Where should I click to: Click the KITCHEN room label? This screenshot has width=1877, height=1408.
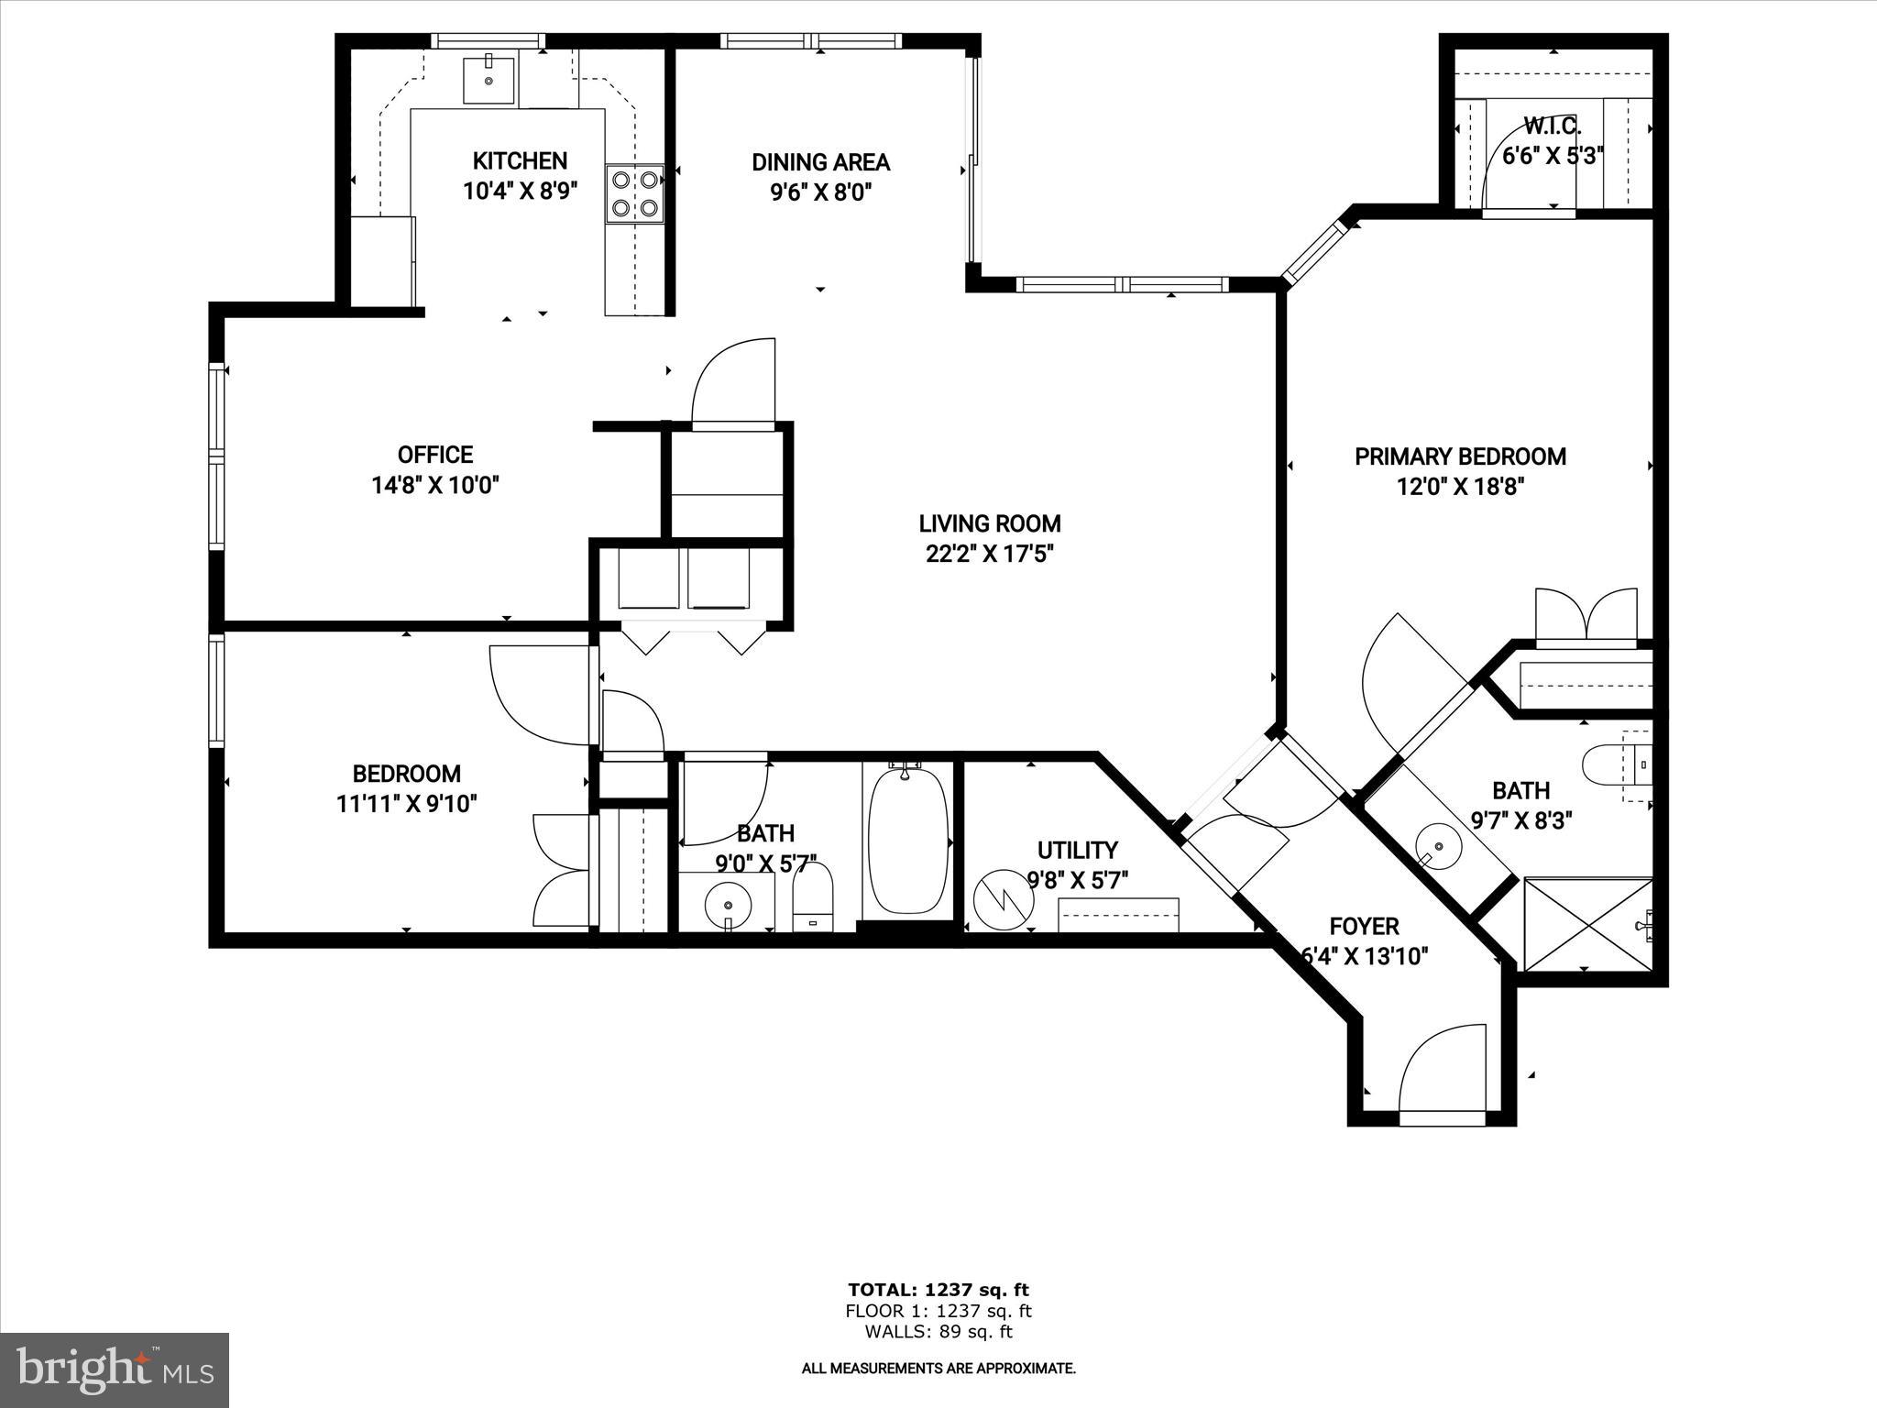coord(520,161)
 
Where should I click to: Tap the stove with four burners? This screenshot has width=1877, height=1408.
coord(633,193)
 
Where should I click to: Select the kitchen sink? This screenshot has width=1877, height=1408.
coord(490,79)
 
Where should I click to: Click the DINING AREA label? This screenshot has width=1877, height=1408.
coord(820,162)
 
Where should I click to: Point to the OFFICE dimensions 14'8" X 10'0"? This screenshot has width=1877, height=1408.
coord(435,485)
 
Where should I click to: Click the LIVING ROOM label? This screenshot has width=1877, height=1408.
coord(990,523)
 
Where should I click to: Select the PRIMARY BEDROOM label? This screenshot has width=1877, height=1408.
coord(1460,456)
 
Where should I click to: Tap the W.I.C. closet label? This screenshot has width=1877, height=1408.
coord(1552,126)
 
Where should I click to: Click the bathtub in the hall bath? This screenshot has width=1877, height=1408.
coord(906,840)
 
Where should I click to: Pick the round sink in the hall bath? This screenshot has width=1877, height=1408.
coord(729,903)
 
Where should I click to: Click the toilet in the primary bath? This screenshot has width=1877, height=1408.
coord(1613,764)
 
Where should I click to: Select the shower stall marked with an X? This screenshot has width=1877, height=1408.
coord(1587,924)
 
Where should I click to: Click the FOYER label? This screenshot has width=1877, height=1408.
coord(1364,927)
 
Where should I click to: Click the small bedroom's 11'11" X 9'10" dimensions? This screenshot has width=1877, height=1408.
coord(406,804)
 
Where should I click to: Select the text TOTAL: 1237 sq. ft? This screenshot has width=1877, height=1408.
coord(938,1291)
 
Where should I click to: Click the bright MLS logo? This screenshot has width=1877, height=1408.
coord(115,1369)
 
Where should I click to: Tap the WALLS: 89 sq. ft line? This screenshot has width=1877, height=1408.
coord(938,1333)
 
